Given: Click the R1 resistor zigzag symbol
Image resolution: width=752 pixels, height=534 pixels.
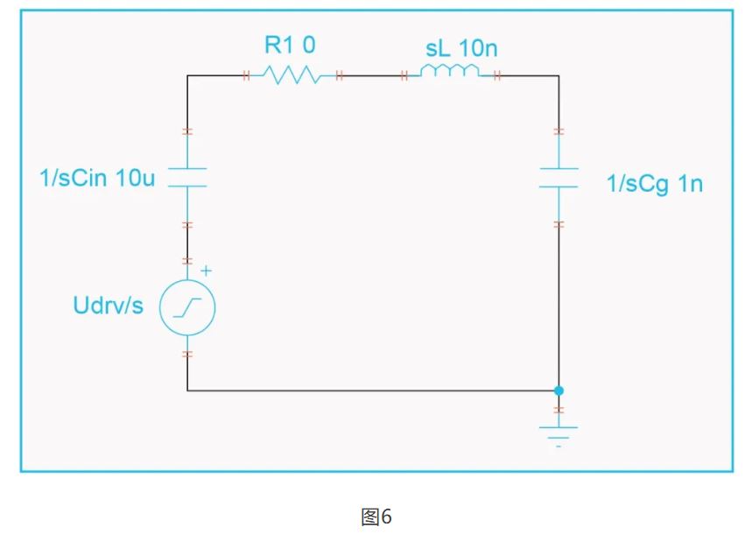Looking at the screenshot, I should (292, 76).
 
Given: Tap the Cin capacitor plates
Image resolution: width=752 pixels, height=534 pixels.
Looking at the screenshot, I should (187, 177).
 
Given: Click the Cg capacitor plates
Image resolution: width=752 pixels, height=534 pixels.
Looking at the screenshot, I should (559, 177).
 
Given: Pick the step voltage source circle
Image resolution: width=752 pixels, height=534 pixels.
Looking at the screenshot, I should (187, 307).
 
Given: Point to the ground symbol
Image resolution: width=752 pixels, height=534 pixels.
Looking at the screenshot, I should (559, 431).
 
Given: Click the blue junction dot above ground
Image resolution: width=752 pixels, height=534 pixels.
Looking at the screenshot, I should (559, 390).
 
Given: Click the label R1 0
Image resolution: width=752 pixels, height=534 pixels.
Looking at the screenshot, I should (292, 45).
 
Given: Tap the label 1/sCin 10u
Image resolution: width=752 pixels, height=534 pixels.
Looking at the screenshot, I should (97, 179).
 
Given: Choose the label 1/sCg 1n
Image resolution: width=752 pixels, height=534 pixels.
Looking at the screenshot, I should (655, 184).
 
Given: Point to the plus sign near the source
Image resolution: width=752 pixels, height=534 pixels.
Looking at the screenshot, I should (207, 271).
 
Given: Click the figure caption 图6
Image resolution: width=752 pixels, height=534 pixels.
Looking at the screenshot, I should (376, 516).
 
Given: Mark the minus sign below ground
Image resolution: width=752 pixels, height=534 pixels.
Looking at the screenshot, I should (559, 446).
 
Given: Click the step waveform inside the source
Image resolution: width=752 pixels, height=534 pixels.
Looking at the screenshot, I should (187, 307).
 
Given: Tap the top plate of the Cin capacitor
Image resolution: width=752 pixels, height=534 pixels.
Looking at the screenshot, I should (187, 168).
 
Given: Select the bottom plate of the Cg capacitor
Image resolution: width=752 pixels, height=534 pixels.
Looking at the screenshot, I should (559, 186).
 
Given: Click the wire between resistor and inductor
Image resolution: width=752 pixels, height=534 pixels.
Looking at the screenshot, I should (371, 76).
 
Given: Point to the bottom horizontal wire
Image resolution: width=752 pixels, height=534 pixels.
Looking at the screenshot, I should (368, 390).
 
